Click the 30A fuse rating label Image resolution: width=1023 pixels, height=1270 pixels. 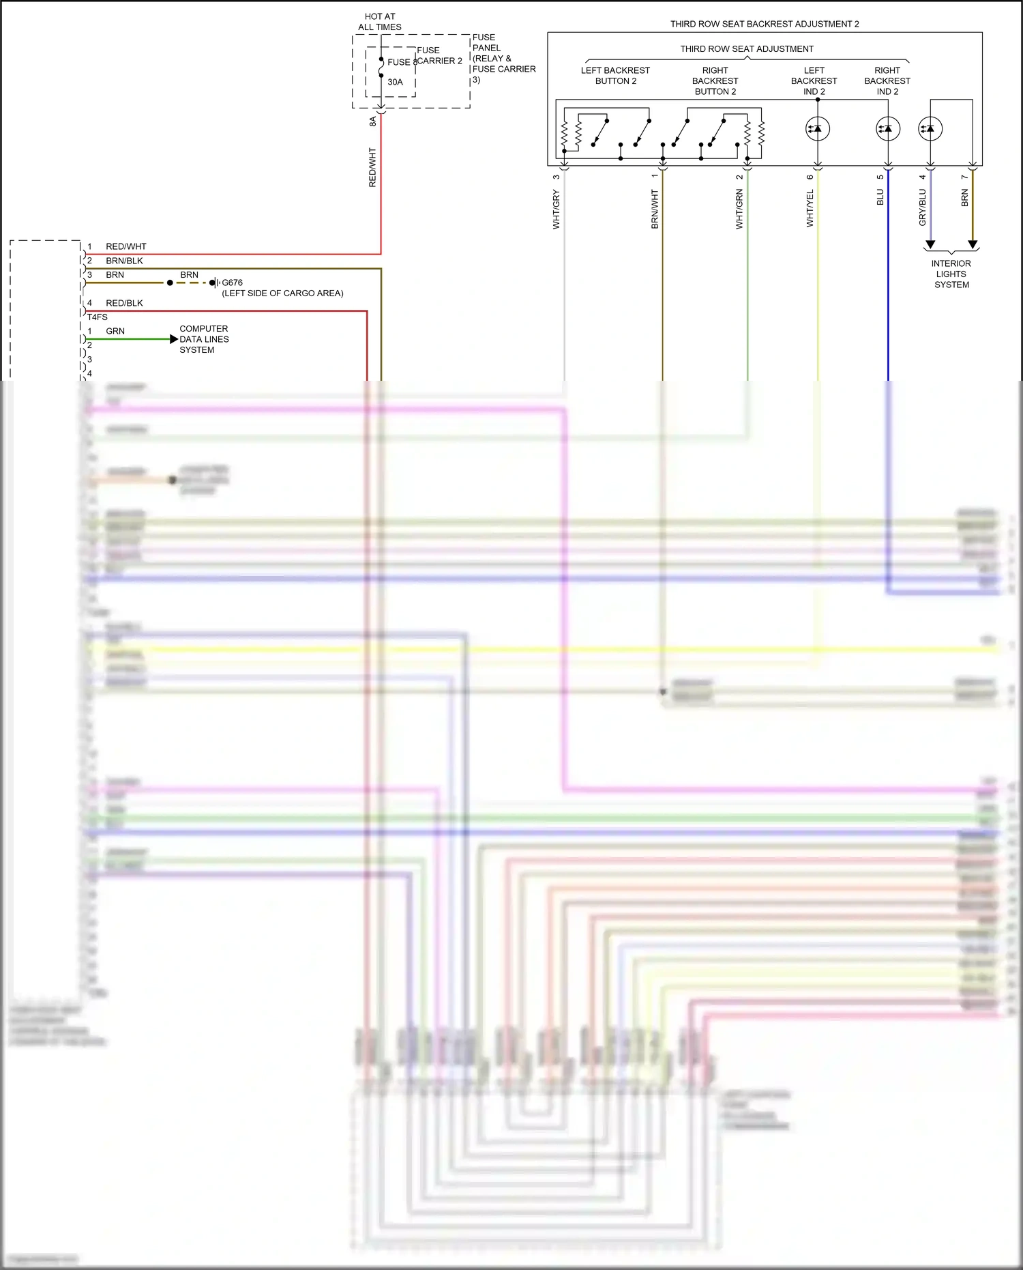395,82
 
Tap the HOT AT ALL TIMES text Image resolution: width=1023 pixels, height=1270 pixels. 380,22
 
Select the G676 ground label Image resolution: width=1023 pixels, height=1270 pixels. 232,283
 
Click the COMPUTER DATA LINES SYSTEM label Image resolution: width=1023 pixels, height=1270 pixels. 204,339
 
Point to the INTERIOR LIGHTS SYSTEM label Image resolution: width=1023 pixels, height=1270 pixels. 951,274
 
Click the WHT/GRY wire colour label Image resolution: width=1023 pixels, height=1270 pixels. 557,210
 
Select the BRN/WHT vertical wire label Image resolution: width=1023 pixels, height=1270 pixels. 655,209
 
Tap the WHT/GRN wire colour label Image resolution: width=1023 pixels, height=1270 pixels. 739,209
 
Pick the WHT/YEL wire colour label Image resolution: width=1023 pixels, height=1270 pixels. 810,208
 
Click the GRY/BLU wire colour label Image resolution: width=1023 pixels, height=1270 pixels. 923,207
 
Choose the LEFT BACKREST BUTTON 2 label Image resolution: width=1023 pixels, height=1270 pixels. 615,76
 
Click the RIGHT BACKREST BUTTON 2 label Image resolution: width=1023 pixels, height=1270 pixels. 715,81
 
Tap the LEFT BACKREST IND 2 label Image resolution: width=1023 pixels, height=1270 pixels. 814,81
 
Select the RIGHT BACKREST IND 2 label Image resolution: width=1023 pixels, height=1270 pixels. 887,81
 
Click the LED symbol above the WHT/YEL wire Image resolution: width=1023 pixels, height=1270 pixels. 818,128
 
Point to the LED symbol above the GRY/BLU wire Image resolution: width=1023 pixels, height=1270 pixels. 930,128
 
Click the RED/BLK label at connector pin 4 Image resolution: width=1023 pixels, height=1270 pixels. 124,303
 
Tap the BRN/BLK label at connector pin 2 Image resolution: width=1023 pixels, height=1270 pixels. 124,261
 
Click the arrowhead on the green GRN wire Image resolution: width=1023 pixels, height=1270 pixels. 174,339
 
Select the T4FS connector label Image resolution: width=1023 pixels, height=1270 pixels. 98,317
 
